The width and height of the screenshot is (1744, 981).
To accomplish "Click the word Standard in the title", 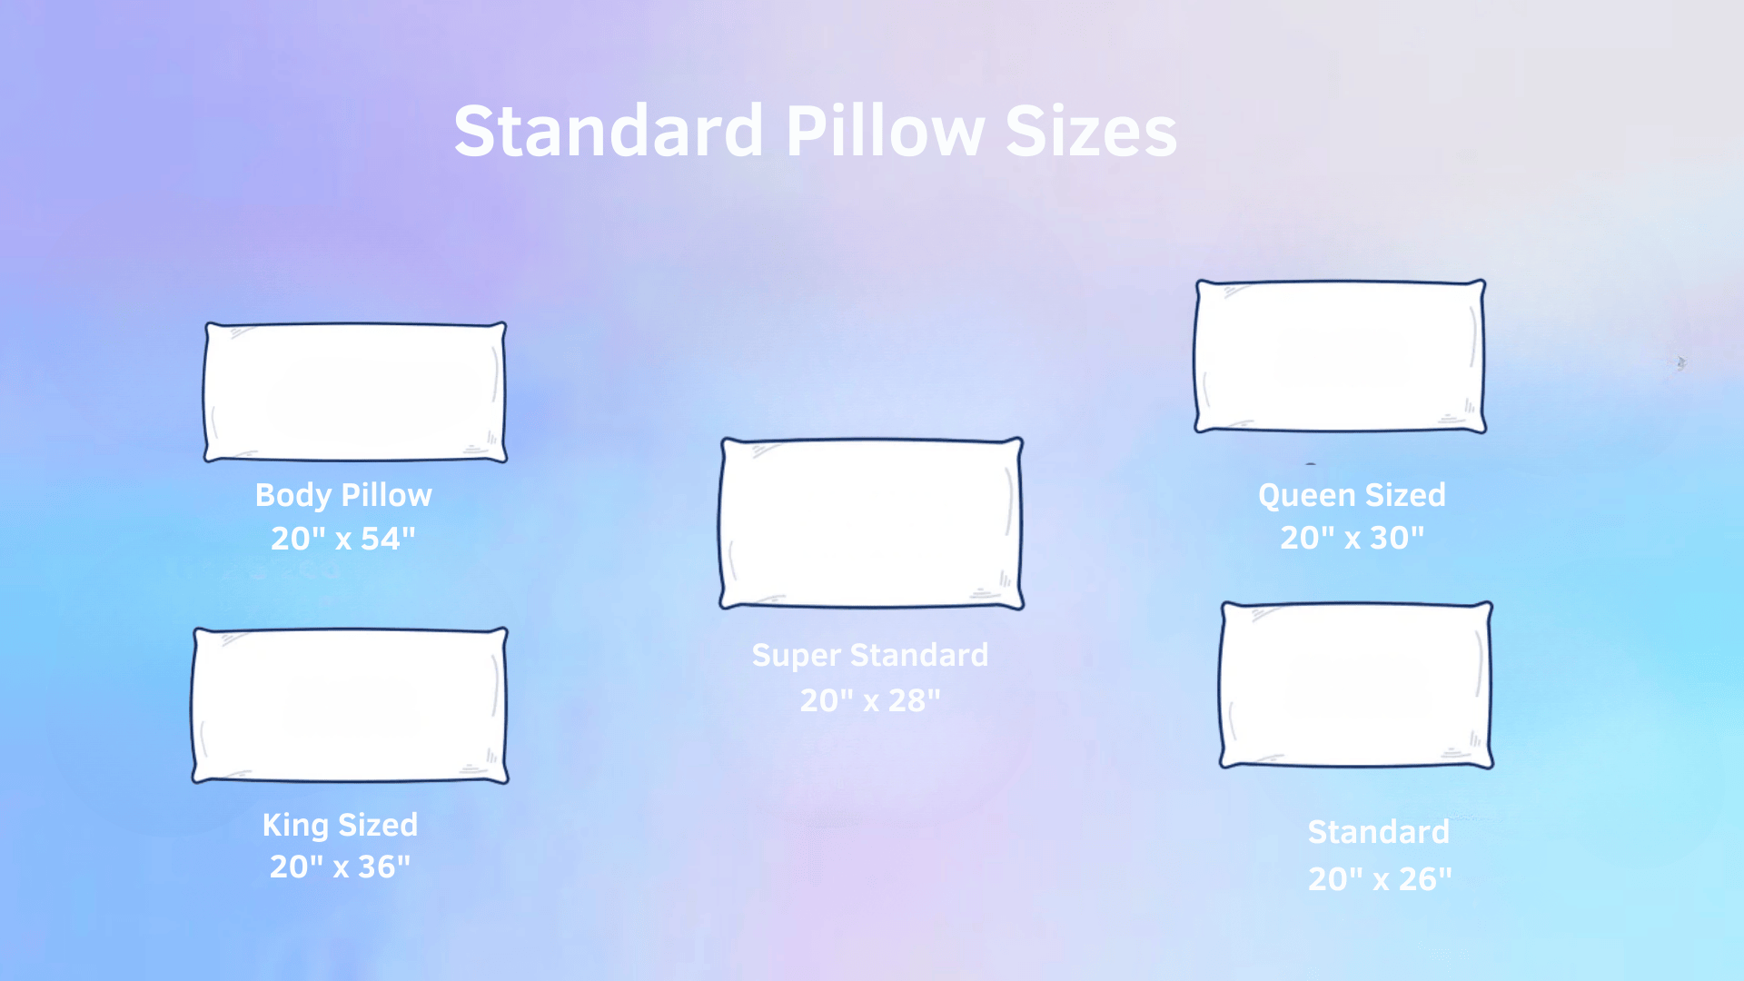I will pos(608,132).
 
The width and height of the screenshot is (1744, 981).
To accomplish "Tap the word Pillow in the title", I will pos(885,132).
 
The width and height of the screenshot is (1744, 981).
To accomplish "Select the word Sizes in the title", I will pos(1091,132).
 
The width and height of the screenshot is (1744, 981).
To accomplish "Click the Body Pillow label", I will pos(343,495).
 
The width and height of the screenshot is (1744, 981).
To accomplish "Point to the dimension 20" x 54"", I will pos(343,539).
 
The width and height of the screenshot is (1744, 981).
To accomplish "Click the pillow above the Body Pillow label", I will pos(355,392).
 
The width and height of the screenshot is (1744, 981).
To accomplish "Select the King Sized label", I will pos(340,825).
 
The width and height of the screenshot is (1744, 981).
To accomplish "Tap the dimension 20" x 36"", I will pos(340,867).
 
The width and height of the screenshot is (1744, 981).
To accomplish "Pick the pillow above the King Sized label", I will pos(350,705).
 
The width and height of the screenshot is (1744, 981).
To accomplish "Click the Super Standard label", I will pos(869,655).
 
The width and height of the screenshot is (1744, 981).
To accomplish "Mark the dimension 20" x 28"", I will pos(869,700).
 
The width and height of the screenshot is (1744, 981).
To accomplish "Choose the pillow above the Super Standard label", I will pos(871,523).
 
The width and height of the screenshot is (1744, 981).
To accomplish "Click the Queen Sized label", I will pos(1352,495).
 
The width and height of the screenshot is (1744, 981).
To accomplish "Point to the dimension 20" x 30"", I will pos(1352,538).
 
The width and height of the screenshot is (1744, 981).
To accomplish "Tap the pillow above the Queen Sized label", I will pos(1340,356).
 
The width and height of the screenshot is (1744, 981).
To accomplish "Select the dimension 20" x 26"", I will pos(1380,878).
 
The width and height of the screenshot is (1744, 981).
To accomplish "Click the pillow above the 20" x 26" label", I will pos(1356,685).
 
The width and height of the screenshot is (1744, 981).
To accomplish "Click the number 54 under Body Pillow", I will pos(381,539).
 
